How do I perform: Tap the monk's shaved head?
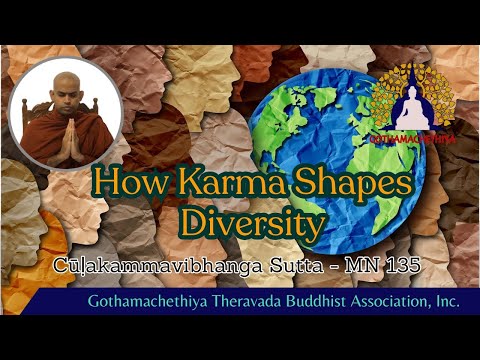pyautogui.click(x=67, y=86)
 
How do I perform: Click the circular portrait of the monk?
pyautogui.click(x=66, y=112)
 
